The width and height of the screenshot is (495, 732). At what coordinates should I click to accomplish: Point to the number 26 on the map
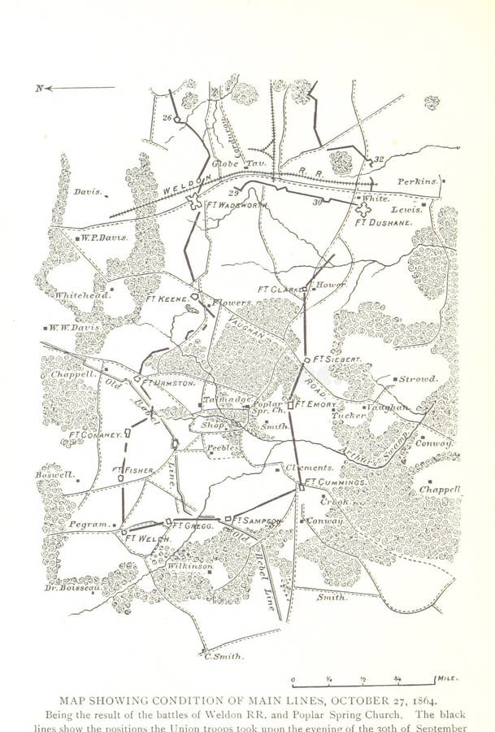[x=167, y=118]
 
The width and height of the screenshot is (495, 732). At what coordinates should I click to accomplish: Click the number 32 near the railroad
[x=378, y=159]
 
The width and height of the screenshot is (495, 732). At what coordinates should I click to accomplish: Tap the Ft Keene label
[x=167, y=298]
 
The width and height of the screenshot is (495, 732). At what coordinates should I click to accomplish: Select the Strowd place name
[x=418, y=379]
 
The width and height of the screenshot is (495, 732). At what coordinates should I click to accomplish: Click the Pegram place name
[x=89, y=525]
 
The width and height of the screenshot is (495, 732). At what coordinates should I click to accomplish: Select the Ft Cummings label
[x=336, y=483]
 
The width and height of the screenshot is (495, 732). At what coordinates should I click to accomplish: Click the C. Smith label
[x=224, y=656]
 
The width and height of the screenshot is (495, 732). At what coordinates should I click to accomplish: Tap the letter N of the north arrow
[x=38, y=88]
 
